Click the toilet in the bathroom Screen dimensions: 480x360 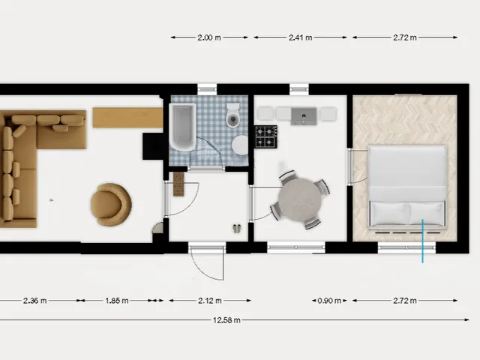click(x=233, y=115)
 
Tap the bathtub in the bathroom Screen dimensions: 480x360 click(x=182, y=127)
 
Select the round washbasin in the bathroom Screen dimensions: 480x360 click(x=240, y=145)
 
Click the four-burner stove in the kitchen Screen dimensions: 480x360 click(x=266, y=136)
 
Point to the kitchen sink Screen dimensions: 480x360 click(x=304, y=116)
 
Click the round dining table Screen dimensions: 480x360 click(x=300, y=200)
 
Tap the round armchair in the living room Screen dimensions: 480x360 click(x=111, y=204)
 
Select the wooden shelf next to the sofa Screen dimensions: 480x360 click(x=127, y=118)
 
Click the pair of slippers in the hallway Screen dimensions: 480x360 click(x=237, y=228)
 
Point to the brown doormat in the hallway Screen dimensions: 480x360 click(x=178, y=184)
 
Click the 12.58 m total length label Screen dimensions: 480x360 click(x=226, y=320)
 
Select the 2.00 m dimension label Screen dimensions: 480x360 click(x=209, y=37)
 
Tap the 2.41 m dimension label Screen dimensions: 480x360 click(x=300, y=37)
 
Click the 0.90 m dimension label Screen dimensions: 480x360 click(x=329, y=301)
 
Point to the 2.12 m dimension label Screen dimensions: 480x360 click(x=210, y=301)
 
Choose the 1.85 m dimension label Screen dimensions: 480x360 click(x=117, y=301)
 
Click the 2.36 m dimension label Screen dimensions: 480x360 click(x=35, y=301)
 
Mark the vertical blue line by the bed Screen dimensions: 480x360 click(x=422, y=241)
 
